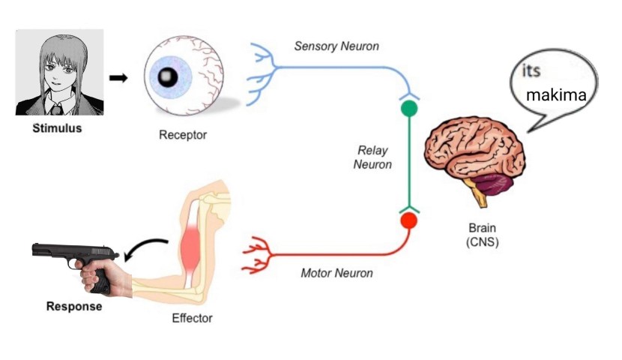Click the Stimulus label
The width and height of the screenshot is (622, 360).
[57, 128]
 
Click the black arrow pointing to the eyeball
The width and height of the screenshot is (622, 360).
[118, 77]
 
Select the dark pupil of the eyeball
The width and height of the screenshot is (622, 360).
[168, 76]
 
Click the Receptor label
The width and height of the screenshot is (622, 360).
[182, 136]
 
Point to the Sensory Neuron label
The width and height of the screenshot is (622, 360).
[336, 46]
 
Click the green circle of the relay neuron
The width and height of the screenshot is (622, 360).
[409, 108]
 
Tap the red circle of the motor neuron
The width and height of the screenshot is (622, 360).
[408, 221]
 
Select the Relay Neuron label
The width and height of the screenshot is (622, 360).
[372, 158]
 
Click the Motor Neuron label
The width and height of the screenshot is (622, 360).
[336, 273]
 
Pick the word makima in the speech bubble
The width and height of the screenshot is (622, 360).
[555, 96]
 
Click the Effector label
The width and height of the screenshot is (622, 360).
[192, 318]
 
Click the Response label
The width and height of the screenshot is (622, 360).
[74, 306]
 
